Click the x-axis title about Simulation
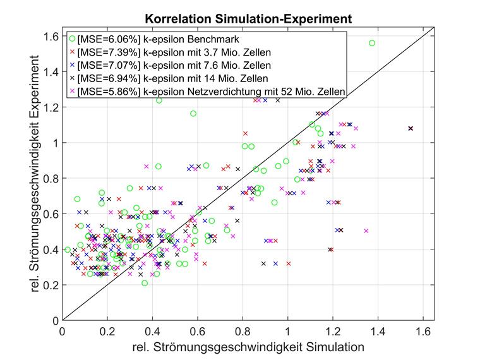(x=248, y=347)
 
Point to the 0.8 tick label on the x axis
(x=243, y=331)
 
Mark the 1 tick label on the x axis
(x=287, y=331)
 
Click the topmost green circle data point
(x=372, y=43)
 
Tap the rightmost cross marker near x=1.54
(x=411, y=128)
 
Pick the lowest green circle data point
(x=145, y=283)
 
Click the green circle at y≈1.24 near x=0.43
(x=159, y=100)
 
